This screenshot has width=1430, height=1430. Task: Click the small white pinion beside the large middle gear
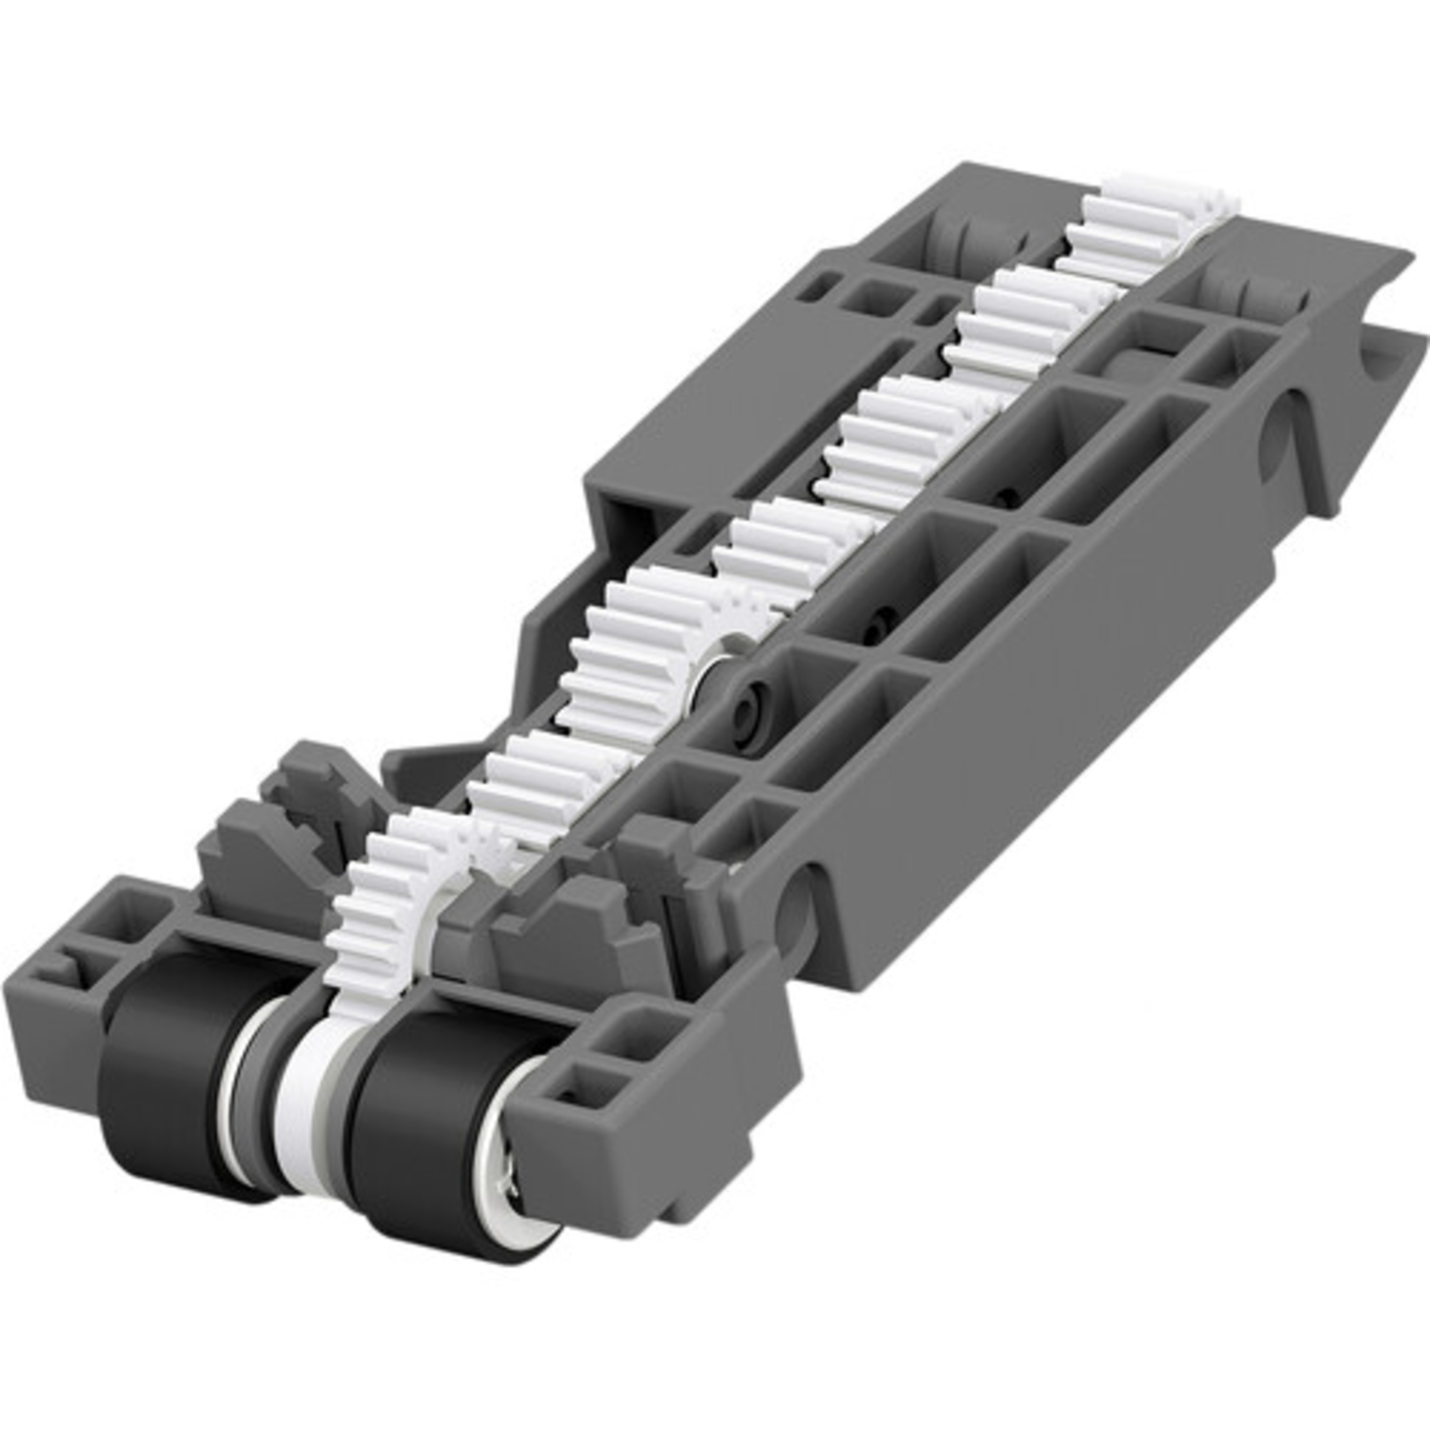point(739,610)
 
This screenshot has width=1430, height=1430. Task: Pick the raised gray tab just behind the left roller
point(253,858)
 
